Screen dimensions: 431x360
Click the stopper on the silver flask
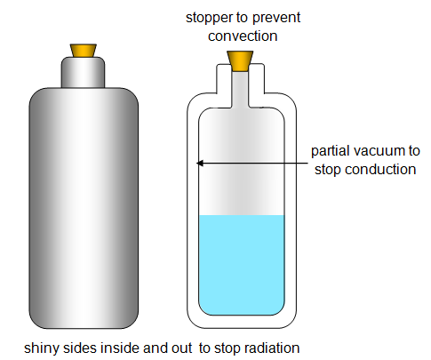83,51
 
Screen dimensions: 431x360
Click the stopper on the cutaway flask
240,61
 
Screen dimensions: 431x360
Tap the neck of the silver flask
83,72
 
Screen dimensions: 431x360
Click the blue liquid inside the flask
242,265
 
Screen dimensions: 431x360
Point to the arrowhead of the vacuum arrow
200,163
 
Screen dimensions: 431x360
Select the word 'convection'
243,36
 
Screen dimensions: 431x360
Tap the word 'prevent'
276,18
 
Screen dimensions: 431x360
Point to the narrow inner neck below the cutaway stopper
240,89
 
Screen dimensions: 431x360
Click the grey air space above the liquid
242,162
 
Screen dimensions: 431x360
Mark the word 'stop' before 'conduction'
328,170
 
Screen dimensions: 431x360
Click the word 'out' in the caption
183,348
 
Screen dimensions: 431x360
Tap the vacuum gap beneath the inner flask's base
242,322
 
